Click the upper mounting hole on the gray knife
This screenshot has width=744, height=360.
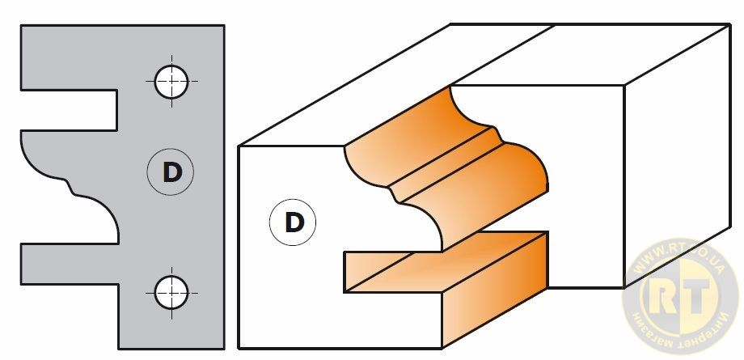pyautogui.click(x=171, y=81)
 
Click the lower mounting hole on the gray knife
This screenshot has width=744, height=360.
pyautogui.click(x=171, y=290)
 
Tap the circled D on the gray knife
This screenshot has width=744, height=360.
pyautogui.click(x=171, y=172)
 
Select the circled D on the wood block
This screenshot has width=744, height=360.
pyautogui.click(x=293, y=222)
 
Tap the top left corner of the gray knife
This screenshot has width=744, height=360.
pyautogui.click(x=23, y=27)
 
